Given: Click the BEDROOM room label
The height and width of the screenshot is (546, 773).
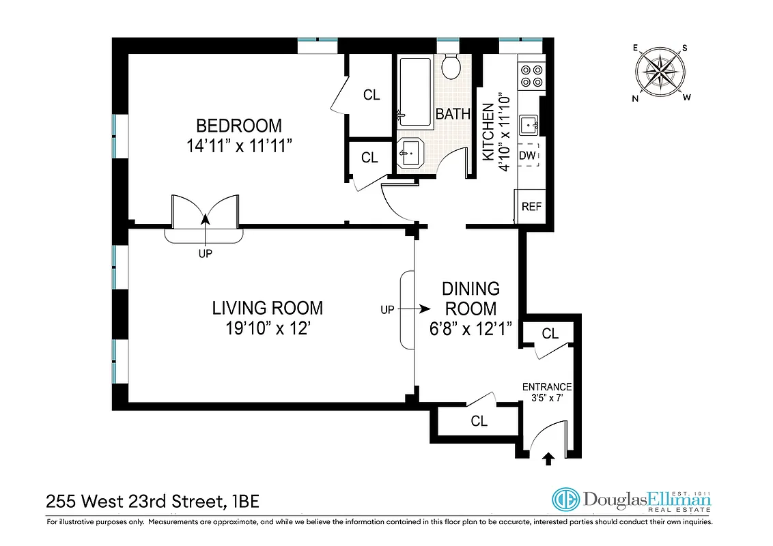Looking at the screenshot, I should pos(239,126).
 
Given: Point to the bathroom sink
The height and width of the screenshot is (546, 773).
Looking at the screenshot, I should pos(412,154).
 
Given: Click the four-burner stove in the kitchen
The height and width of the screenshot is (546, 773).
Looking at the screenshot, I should pos(531,75).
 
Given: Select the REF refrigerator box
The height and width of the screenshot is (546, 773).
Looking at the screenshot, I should pos(531,206).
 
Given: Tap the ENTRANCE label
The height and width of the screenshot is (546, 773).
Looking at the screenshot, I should pos(547,387).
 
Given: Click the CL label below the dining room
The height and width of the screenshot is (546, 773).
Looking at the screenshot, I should pos(479,421).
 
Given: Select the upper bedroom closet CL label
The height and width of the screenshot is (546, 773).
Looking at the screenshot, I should pos(371,95).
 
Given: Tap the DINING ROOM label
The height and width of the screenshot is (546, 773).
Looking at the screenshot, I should pos(470,298).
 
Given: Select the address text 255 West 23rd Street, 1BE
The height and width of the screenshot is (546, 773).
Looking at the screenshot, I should pos(152,502).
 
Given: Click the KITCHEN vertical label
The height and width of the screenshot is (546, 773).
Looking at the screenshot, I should pos(489,132).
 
